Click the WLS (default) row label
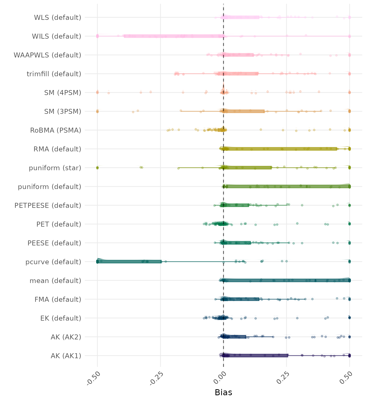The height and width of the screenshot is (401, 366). (x=58, y=17)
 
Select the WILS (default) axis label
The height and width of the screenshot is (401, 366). (x=56, y=36)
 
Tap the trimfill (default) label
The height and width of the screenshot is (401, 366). (x=54, y=74)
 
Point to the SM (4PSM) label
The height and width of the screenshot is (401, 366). (x=63, y=93)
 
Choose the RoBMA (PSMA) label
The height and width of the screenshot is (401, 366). (x=56, y=130)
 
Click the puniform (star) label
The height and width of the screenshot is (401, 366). (x=55, y=168)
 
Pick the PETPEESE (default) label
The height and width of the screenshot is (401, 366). (x=48, y=205)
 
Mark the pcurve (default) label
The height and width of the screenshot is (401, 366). (x=53, y=262)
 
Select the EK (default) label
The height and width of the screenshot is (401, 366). (x=61, y=318)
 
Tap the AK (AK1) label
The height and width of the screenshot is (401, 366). (x=66, y=356)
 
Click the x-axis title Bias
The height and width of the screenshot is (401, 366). (x=223, y=392)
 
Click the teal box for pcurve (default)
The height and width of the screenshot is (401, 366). (x=129, y=262)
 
